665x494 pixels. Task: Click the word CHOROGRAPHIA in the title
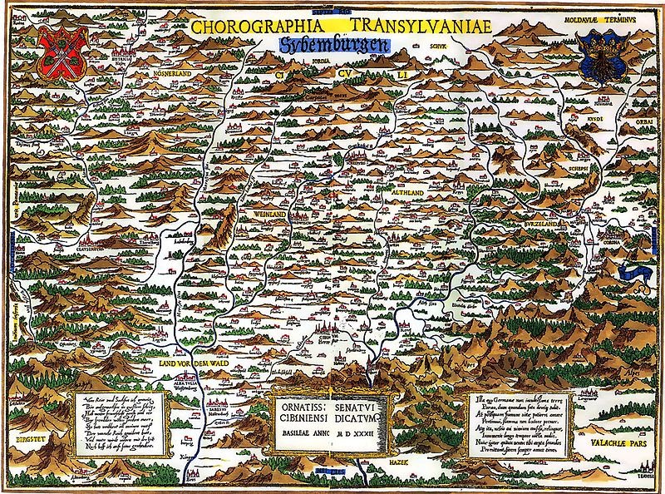pyautogui.click(x=247, y=25)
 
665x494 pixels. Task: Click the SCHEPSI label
pyautogui.click(x=556, y=165)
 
